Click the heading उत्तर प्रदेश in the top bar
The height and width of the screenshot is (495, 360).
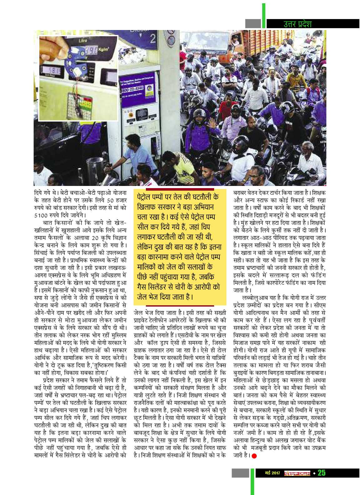[297, 24]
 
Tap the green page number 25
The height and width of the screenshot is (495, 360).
[322, 473]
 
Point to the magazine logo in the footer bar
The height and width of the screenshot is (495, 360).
[297, 473]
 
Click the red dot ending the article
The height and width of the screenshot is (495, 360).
[254, 456]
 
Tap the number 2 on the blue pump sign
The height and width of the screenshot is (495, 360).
[152, 39]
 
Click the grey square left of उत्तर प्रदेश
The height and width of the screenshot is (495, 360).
[253, 23]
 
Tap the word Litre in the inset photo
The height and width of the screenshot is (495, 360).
[83, 41]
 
